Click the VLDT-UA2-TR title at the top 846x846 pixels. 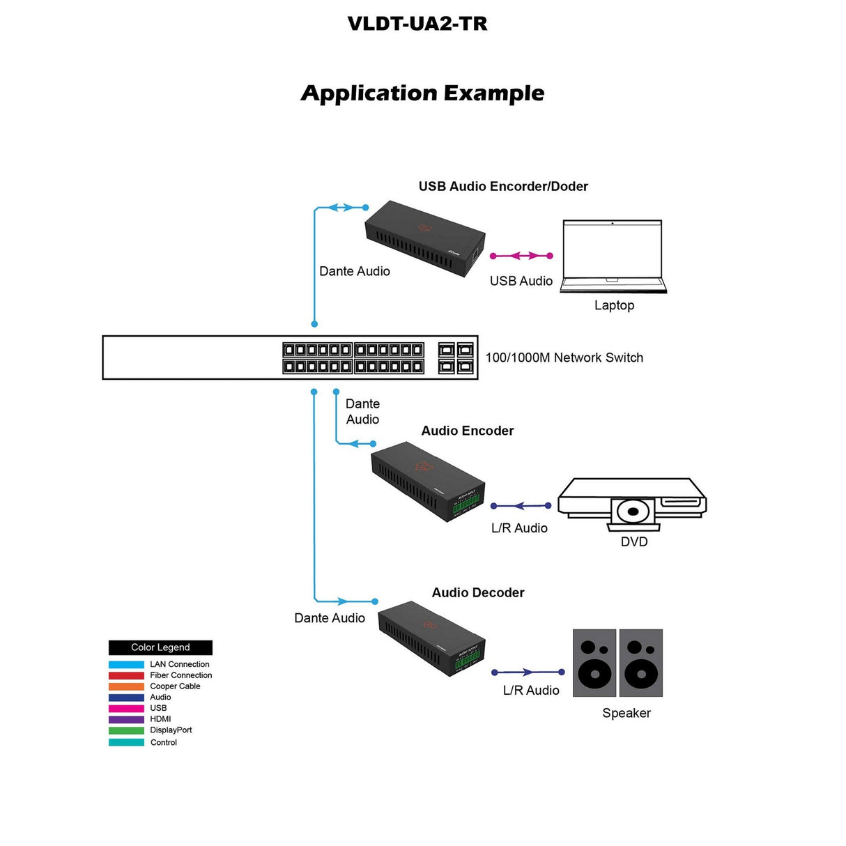point(417,24)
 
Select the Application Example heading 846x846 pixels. point(422,93)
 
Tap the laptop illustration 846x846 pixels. point(613,256)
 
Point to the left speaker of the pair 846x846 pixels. point(594,663)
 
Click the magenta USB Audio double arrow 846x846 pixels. point(521,256)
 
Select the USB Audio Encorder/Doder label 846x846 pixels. point(502,186)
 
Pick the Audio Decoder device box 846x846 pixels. point(431,638)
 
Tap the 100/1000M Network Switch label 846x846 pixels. point(564,357)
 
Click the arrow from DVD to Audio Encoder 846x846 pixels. point(521,506)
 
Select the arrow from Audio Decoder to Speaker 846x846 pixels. point(528,672)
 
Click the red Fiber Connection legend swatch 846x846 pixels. point(126,675)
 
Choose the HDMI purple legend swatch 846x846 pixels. point(126,719)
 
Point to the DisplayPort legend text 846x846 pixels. point(171,730)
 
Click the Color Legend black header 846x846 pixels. point(160,647)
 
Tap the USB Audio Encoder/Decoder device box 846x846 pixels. point(424,238)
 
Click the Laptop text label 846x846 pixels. point(614,305)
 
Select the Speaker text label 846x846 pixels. point(626,713)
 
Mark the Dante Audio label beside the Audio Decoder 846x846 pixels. point(329,618)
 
